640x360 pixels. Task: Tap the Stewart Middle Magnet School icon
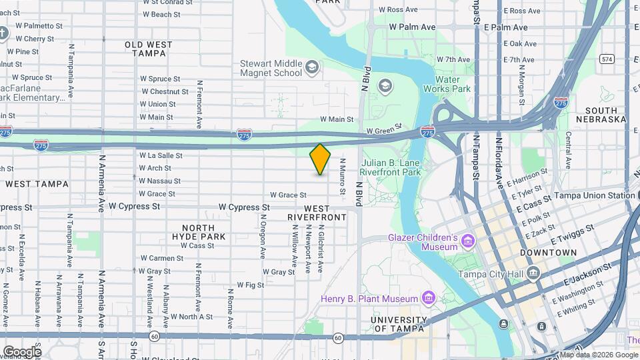(x=311, y=67)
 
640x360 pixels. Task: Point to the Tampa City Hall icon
(x=533, y=273)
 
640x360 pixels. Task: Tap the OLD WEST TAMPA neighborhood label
(x=149, y=49)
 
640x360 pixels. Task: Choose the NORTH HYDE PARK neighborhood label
(x=199, y=232)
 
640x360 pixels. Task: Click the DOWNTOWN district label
(x=548, y=253)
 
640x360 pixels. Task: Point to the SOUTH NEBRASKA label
(x=605, y=115)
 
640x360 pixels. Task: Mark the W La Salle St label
(x=160, y=155)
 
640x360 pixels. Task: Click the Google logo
(x=22, y=351)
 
